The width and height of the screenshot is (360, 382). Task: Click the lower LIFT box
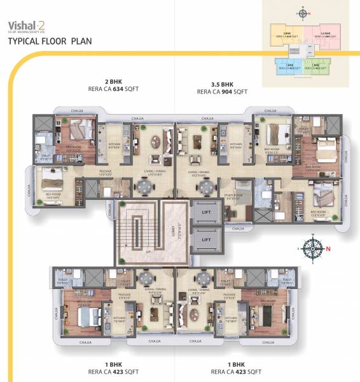click(206, 239)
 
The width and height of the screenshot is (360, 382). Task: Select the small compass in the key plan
click(304, 12)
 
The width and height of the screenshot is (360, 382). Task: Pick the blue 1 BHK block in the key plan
click(287, 65)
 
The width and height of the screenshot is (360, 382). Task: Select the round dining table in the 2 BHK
click(145, 187)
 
